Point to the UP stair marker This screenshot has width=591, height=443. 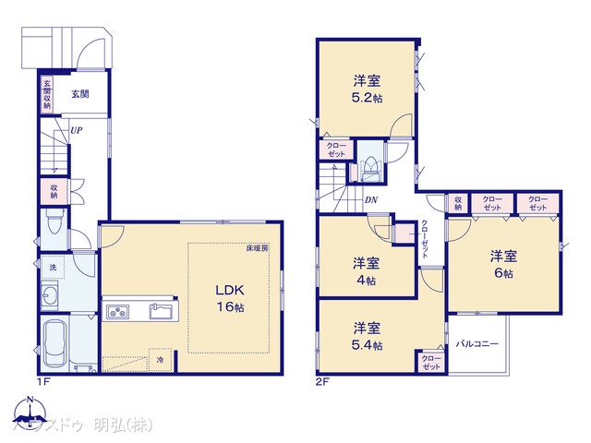pyautogui.click(x=77, y=130)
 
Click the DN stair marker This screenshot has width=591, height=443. pyautogui.click(x=370, y=199)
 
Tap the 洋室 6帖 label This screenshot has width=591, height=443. pyautogui.click(x=503, y=264)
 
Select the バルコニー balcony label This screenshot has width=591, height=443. pyautogui.click(x=477, y=343)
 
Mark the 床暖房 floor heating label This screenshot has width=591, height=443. pyautogui.click(x=257, y=248)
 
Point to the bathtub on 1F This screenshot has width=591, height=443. pyautogui.click(x=56, y=343)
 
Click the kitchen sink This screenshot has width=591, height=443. pyautogui.click(x=160, y=310)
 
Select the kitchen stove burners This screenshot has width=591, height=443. pyautogui.click(x=119, y=311)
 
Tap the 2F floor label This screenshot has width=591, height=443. pyautogui.click(x=322, y=379)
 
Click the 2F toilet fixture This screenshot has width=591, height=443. pyautogui.click(x=369, y=167)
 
